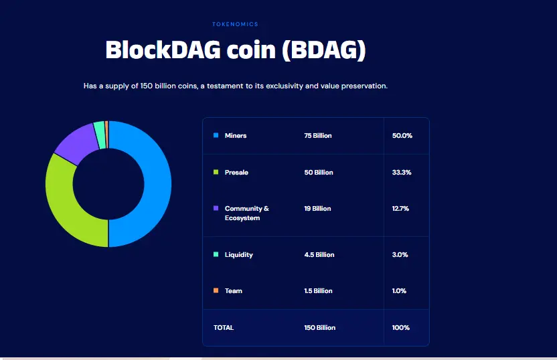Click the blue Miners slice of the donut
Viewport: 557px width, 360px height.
pos(150,184)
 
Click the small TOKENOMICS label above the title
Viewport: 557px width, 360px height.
pos(235,24)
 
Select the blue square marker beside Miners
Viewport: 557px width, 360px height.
pos(216,135)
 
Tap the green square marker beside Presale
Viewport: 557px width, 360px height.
pos(216,172)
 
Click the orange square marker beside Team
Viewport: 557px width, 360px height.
pos(216,290)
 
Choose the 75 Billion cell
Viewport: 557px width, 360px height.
pos(318,136)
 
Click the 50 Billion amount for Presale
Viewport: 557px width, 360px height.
pos(319,173)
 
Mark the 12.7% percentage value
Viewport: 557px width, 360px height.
pos(400,209)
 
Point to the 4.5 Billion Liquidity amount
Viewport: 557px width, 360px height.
pos(319,255)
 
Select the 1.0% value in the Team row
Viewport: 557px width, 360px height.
pos(399,291)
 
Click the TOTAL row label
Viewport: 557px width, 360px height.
pos(224,328)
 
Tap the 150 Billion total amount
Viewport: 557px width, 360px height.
pos(320,328)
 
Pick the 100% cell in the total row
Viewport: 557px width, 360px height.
pos(401,328)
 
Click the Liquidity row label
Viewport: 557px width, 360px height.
pos(239,255)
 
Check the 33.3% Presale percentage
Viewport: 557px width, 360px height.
pos(402,173)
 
